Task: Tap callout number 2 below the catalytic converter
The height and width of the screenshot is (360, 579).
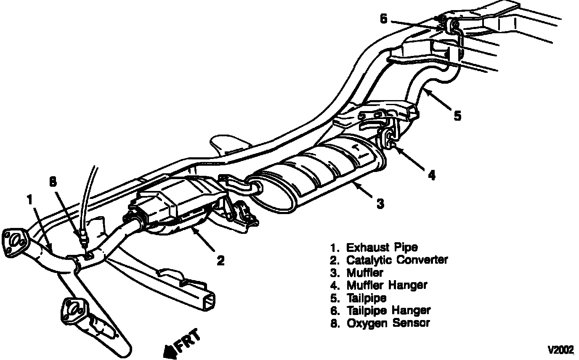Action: pyautogui.click(x=220, y=261)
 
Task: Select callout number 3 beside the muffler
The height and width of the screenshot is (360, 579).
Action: pyautogui.click(x=380, y=204)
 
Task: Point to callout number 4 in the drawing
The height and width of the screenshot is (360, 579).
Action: pyautogui.click(x=431, y=175)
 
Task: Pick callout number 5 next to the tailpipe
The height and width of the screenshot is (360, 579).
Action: pyautogui.click(x=457, y=115)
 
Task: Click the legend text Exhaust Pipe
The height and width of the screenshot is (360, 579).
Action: pyautogui.click(x=382, y=247)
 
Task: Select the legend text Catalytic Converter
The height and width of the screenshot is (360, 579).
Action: pyautogui.click(x=397, y=260)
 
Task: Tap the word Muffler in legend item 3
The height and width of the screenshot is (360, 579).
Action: pyautogui.click(x=365, y=273)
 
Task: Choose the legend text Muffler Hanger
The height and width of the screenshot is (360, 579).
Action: pyautogui.click(x=386, y=285)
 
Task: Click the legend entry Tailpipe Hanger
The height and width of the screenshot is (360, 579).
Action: pyautogui.click(x=388, y=310)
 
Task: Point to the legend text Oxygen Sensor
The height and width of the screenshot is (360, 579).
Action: pyautogui.click(x=388, y=323)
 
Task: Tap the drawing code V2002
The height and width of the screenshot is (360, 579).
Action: pyautogui.click(x=560, y=350)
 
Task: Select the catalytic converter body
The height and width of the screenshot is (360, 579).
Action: pyautogui.click(x=177, y=200)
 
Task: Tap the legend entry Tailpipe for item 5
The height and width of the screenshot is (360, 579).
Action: pyautogui.click(x=366, y=298)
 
